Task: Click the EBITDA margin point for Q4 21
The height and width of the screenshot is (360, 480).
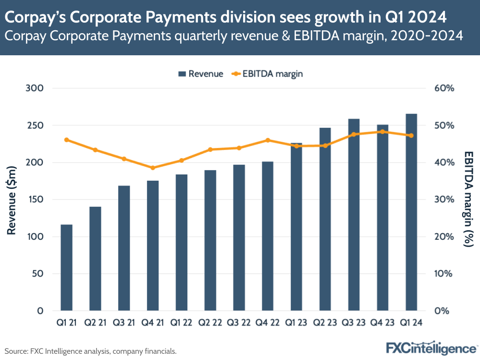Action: pyautogui.click(x=153, y=168)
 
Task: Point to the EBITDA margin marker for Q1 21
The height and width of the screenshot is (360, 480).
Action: pyautogui.click(x=66, y=140)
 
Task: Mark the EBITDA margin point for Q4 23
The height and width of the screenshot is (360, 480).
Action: pyautogui.click(x=382, y=132)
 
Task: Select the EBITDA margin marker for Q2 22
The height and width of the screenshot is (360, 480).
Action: pyautogui.click(x=210, y=149)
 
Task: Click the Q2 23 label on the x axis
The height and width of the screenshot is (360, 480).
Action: pyautogui.click(x=325, y=323)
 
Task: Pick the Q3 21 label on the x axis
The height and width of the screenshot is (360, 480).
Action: pyautogui.click(x=124, y=323)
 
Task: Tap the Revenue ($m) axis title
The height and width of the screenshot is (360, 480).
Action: pyautogui.click(x=12, y=199)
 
